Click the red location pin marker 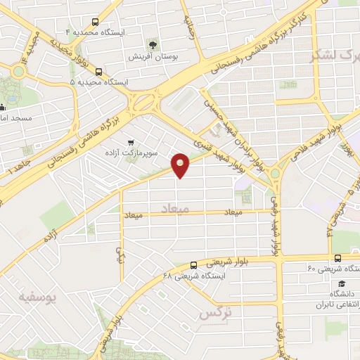(181, 165)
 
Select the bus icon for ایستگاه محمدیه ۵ (98, 72)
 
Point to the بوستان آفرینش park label (153, 55)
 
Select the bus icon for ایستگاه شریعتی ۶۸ (193, 265)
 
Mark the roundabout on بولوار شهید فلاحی (275, 173)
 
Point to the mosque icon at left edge (3, 108)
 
